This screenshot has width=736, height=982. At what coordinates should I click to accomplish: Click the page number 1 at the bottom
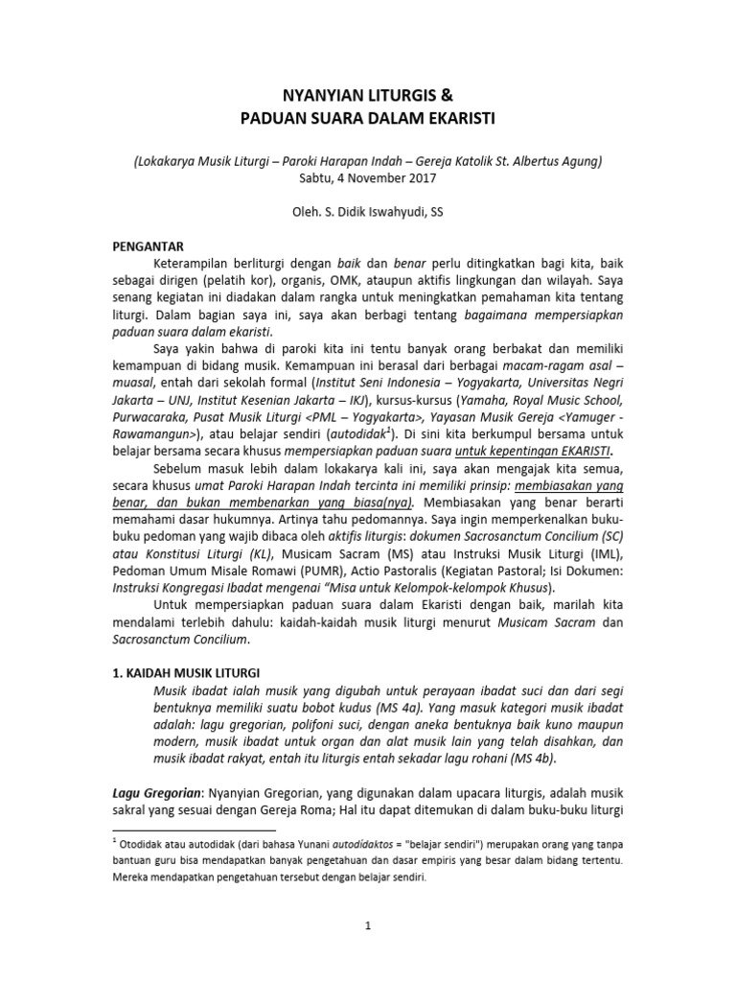pos(368,925)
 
